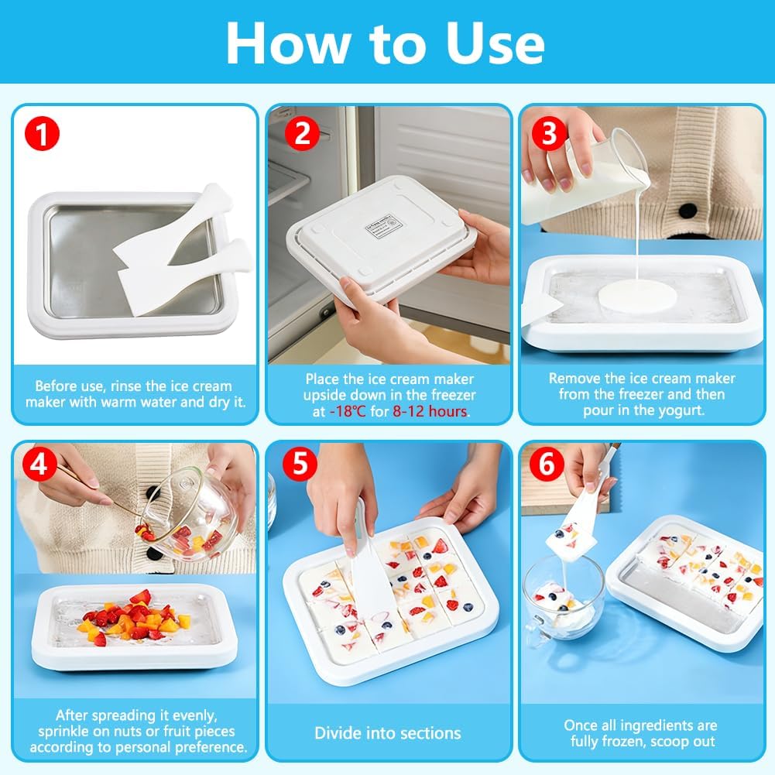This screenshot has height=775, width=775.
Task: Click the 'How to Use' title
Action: [x=385, y=44]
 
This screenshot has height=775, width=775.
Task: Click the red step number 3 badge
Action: [x=550, y=134]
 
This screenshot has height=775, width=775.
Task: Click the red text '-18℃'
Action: [x=348, y=411]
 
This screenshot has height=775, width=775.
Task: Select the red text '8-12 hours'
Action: [x=431, y=411]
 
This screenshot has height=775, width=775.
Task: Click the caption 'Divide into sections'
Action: [x=387, y=732]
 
